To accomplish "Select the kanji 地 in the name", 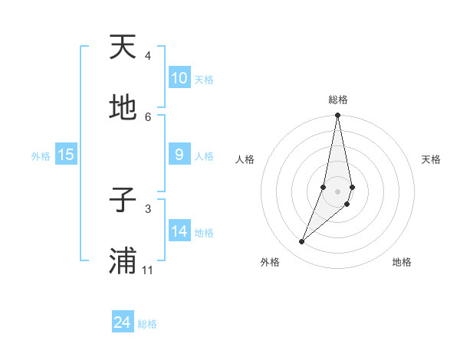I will point(123,109).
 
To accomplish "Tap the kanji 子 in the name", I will point(123,201).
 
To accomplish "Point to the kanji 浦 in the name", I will point(123,261).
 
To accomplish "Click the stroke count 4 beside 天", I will point(148,55).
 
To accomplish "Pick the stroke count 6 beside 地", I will point(148,116).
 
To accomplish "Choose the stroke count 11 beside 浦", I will point(148,270).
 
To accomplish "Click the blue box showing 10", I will point(179,78).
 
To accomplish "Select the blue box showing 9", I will point(179,155).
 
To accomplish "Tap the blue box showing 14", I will point(179,231).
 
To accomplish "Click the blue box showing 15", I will point(66,155).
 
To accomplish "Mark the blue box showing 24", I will point(123,322).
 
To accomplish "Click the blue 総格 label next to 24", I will point(148,324).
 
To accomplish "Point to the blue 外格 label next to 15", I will point(41,155).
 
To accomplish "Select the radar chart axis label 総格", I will point(338,100).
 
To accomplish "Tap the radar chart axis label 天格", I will point(432,159).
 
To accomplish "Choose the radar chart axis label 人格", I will point(245,159).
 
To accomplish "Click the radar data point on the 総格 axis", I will point(338,116).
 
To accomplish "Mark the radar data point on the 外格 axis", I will point(302,242).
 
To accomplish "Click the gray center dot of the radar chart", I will point(338,191).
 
